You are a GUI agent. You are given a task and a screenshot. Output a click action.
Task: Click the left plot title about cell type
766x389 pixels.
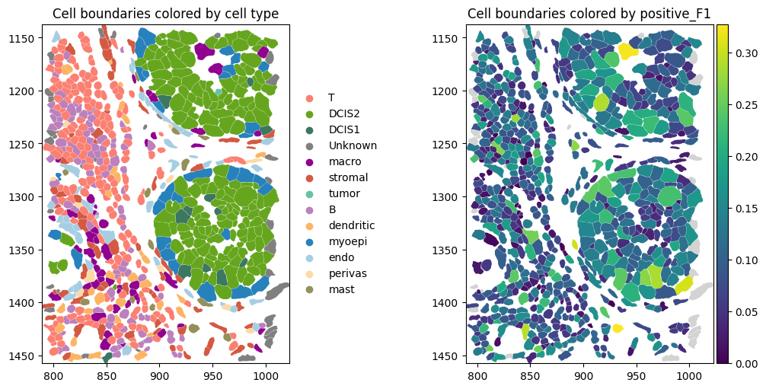(x=165, y=14)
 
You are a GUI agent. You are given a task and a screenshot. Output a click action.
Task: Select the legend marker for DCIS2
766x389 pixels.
(x=309, y=114)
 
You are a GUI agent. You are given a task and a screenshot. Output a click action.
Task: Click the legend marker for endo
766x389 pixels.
(x=309, y=257)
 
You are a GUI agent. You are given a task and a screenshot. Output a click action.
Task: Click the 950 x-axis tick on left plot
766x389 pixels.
(x=212, y=375)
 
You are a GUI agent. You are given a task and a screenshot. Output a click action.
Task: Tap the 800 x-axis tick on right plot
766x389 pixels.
(x=477, y=375)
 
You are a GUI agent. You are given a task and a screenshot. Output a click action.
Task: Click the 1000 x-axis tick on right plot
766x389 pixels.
(x=690, y=375)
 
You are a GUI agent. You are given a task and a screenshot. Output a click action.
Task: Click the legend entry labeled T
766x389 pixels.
(x=331, y=98)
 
